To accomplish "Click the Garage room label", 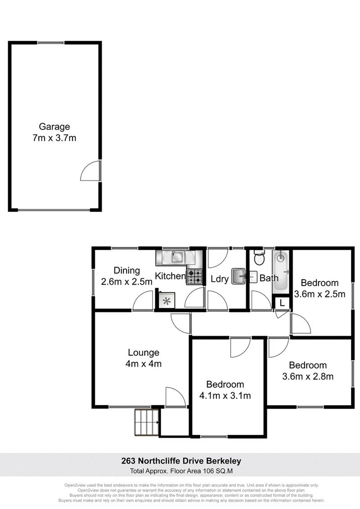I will pyautogui.click(x=54, y=127).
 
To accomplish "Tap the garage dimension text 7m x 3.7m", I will pyautogui.click(x=54, y=138).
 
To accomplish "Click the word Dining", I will pyautogui.click(x=126, y=271).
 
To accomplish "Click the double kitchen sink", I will pyautogui.click(x=175, y=257).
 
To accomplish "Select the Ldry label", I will pyautogui.click(x=220, y=279).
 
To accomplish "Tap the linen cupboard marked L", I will pyautogui.click(x=282, y=304).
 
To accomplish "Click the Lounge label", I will pyautogui.click(x=143, y=353).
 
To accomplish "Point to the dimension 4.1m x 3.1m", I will pyautogui.click(x=225, y=396).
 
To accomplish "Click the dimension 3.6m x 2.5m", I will pyautogui.click(x=319, y=295).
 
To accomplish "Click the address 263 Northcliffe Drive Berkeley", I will pyautogui.click(x=181, y=460).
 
